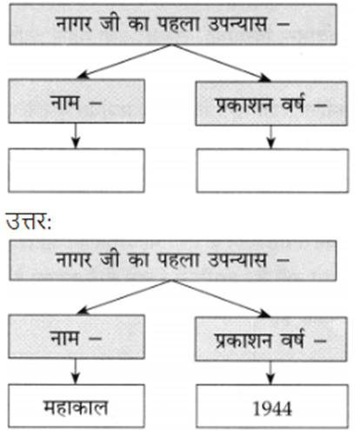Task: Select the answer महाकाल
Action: (76, 407)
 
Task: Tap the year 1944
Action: (272, 408)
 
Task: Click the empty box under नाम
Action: (77, 170)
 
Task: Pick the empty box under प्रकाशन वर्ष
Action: (272, 170)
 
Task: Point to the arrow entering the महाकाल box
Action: (76, 372)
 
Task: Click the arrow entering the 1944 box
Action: (270, 373)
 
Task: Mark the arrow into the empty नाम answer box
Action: (76, 136)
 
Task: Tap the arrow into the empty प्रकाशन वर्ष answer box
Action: (271, 137)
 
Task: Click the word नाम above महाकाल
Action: (64, 338)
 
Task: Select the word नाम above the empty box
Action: (64, 103)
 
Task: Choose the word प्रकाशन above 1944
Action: (243, 340)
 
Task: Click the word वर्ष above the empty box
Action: (293, 103)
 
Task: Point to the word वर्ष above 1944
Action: (292, 339)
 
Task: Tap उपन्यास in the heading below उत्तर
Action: (237, 260)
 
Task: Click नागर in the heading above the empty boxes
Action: (74, 23)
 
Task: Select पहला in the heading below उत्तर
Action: (178, 259)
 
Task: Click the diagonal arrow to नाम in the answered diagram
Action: (124, 297)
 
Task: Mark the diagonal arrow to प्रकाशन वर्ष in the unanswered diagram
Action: (221, 63)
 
